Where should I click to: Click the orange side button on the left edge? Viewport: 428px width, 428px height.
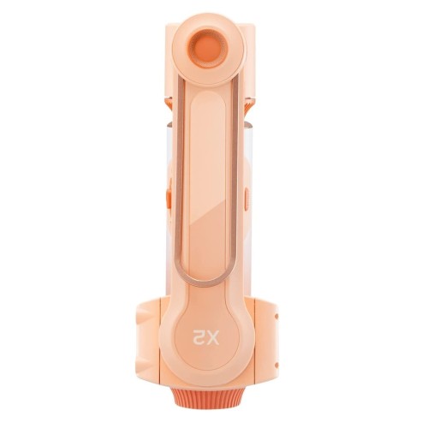point(169,197)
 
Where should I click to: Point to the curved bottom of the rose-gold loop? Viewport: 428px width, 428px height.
point(206,281)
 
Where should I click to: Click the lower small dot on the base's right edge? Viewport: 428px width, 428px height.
point(276,365)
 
